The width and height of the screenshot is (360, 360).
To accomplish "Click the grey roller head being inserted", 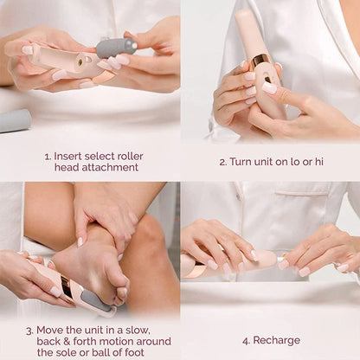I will [x=116, y=48].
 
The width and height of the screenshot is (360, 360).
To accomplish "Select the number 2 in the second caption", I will [x=222, y=162].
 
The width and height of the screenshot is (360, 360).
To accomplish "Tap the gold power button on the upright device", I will [x=259, y=61].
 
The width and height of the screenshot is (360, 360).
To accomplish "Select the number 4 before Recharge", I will [x=246, y=340].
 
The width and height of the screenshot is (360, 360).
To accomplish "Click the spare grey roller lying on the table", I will [x=15, y=121].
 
